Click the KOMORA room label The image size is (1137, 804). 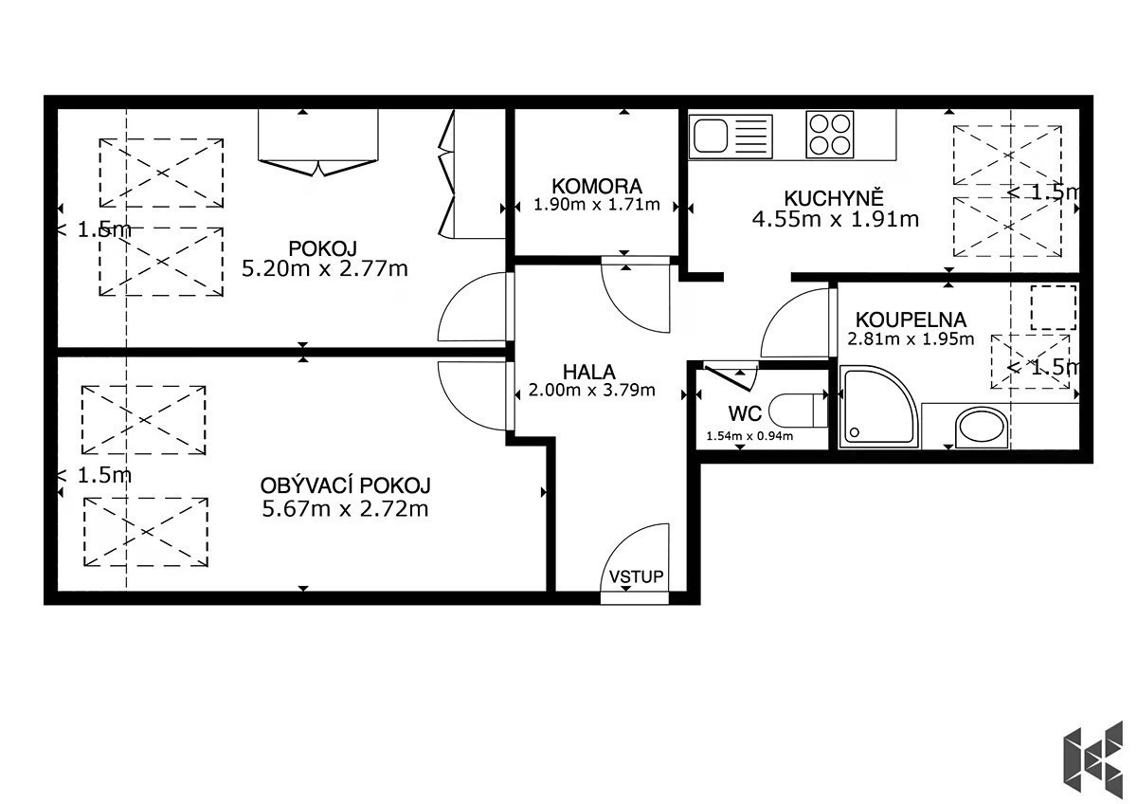pos(597,187)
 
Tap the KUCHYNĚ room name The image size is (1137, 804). pos(834,198)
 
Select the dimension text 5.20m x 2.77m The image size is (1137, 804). pos(324,268)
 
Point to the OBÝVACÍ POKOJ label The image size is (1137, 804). pos(345,486)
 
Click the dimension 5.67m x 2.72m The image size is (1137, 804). pos(345,508)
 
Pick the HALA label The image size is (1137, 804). pos(589,373)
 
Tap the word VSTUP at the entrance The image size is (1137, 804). pos(636,576)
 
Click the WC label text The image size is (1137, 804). pos(745,414)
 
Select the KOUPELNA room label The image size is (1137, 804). pos(911,320)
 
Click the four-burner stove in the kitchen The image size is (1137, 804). pos(829,135)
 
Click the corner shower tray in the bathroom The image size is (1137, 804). pos(879,409)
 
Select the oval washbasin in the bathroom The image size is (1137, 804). pos(982,428)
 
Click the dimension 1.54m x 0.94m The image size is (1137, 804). pos(749,436)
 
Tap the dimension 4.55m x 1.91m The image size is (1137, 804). pos(836,219)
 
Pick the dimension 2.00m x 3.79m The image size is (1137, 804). pos(592,390)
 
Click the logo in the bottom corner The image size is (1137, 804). pos(1092,759)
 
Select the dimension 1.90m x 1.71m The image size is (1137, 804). pos(597,205)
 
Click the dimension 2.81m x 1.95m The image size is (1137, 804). pos(911,338)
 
